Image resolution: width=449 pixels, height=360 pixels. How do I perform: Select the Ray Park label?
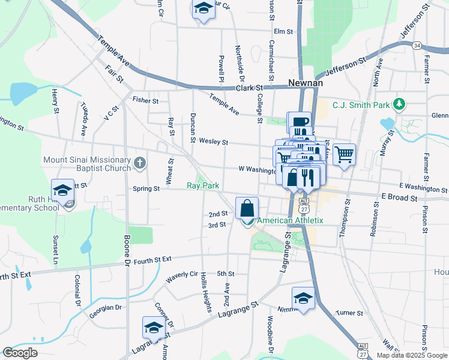(203, 186)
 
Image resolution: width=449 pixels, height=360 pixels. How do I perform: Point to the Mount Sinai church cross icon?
(139, 162)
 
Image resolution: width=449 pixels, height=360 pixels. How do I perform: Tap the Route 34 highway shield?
(417, 45)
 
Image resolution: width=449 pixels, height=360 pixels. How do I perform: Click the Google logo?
(20, 353)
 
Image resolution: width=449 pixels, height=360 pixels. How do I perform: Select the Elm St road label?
(283, 31)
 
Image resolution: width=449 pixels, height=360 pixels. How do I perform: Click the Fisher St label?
(145, 101)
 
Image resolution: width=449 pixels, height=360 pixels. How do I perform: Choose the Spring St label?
(146, 188)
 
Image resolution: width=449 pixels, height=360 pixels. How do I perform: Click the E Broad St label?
(399, 197)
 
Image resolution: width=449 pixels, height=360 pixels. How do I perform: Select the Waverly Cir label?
(181, 276)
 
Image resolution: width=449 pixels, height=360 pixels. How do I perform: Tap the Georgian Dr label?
(106, 308)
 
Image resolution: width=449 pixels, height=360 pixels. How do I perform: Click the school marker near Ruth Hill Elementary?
(62, 190)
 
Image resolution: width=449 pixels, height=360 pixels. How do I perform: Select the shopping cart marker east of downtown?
(344, 155)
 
